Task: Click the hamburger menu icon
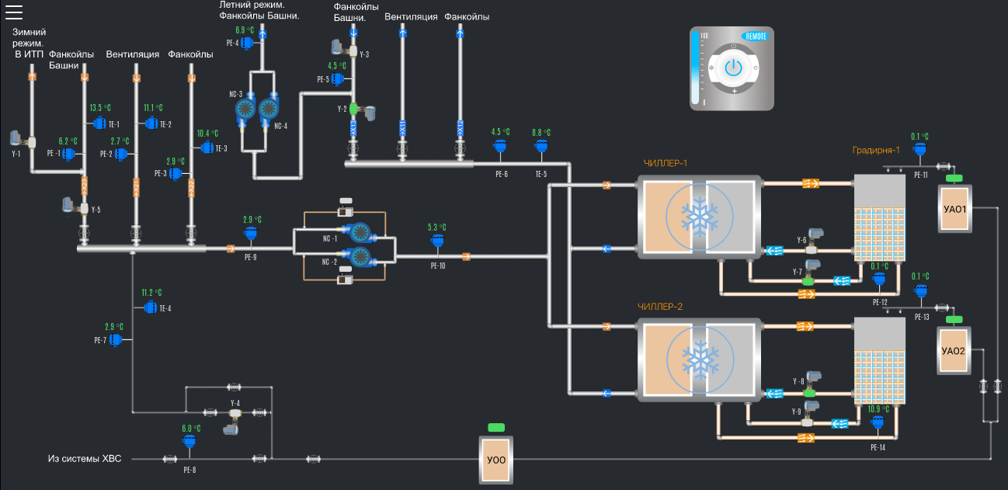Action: click(x=14, y=11)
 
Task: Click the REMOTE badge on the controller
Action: click(x=756, y=36)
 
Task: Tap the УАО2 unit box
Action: click(x=953, y=350)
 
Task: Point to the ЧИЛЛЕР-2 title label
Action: click(x=661, y=306)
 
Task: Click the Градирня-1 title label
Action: click(x=876, y=151)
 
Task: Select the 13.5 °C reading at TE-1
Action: click(x=100, y=108)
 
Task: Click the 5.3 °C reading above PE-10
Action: click(x=437, y=228)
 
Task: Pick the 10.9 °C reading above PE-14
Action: click(x=878, y=409)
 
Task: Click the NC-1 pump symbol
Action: click(x=359, y=232)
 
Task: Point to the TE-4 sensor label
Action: click(x=165, y=308)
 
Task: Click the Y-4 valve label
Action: click(x=235, y=402)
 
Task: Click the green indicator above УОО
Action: click(x=495, y=427)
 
